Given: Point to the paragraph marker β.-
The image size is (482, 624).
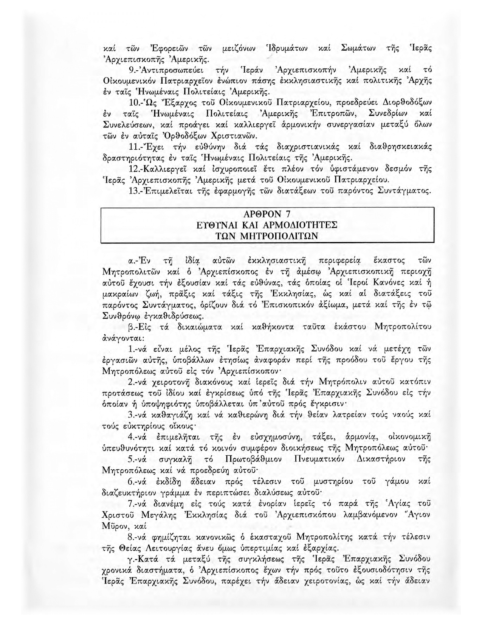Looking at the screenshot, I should tap(133, 327).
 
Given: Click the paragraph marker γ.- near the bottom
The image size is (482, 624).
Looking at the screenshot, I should tap(133, 559).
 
